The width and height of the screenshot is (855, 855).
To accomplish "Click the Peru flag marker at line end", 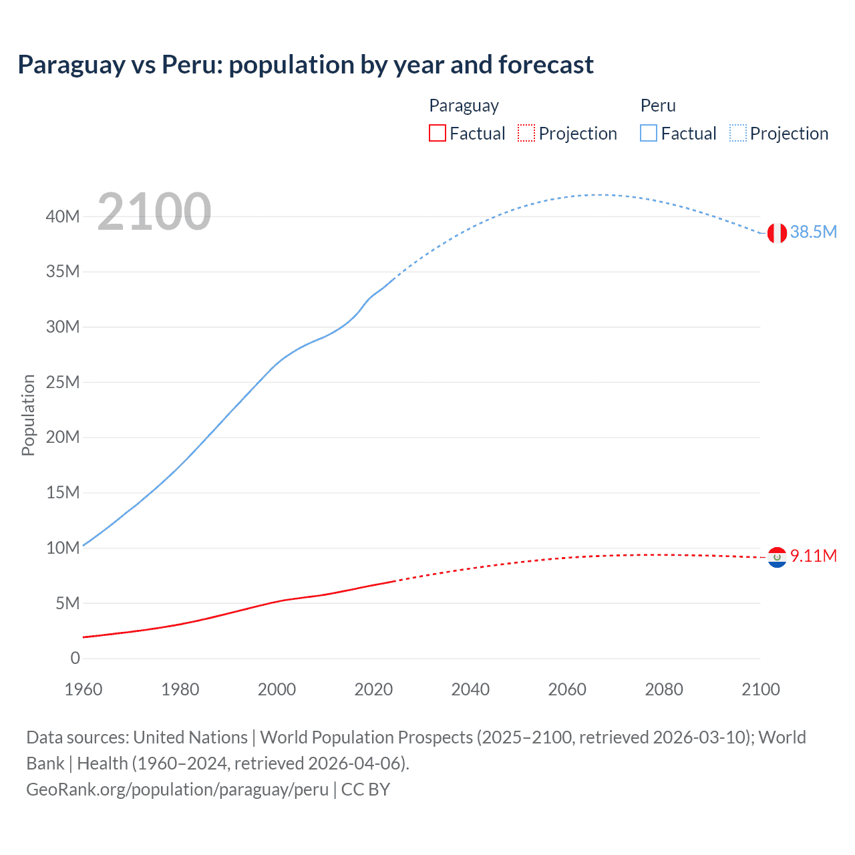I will (776, 233).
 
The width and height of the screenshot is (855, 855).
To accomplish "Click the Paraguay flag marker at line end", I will (776, 557).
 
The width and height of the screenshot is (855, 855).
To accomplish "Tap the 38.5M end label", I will (813, 232).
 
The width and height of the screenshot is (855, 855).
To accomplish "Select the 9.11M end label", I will (813, 556).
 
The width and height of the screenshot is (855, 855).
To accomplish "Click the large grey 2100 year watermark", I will (154, 212).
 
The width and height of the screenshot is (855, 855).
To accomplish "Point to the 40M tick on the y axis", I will (63, 216).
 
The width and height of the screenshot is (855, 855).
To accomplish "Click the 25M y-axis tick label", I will (63, 382).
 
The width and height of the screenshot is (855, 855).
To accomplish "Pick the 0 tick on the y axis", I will (75, 658).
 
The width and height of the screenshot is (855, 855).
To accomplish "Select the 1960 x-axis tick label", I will (83, 689).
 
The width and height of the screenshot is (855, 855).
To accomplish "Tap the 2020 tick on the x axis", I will (373, 689).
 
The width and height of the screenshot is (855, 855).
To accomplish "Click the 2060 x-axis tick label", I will (567, 689).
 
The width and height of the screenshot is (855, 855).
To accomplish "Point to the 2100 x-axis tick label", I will (760, 689).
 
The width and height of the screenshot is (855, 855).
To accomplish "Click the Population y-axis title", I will (28, 415).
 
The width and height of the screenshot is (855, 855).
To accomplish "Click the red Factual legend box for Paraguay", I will (437, 133).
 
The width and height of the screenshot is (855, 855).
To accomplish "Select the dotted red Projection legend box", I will (526, 133).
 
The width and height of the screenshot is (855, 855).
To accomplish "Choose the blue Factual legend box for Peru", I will (649, 133).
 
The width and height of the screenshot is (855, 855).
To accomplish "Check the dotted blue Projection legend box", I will (738, 133).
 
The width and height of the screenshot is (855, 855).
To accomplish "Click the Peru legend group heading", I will (658, 106).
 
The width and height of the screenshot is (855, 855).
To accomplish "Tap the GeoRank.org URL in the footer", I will (177, 790).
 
